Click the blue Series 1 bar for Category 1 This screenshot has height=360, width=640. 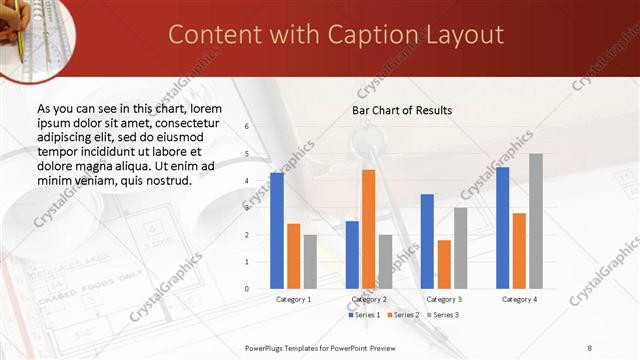click(x=277, y=231)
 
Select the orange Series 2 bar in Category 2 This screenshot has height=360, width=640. click(x=368, y=229)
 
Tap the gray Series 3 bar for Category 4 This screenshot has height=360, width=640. click(x=536, y=221)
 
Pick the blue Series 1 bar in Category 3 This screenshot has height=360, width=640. click(x=427, y=241)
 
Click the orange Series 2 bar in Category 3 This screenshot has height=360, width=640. click(x=444, y=264)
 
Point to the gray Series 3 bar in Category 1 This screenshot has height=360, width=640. click(x=310, y=262)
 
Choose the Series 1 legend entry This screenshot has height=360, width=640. click(x=365, y=315)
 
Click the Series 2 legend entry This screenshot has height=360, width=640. click(x=403, y=315)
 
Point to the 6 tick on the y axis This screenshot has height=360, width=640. click(x=247, y=127)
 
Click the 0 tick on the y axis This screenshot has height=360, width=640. click(x=247, y=289)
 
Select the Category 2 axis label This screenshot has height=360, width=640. click(x=369, y=299)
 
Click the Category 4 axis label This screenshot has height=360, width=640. click(x=519, y=299)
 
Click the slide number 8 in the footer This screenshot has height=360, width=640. click(x=590, y=348)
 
